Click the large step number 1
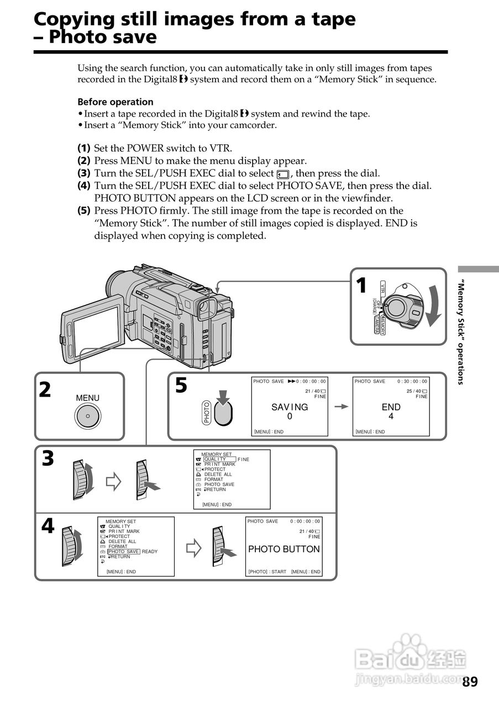click(x=361, y=286)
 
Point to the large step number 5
click(x=181, y=386)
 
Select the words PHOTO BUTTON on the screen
click(x=283, y=549)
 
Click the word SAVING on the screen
click(x=290, y=407)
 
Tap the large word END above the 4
click(x=391, y=407)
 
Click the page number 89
click(x=470, y=682)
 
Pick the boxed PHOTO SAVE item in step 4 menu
click(x=124, y=552)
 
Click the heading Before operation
click(x=115, y=102)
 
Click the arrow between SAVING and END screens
click(x=342, y=407)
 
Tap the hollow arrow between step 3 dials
click(x=113, y=482)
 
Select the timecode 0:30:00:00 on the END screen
click(x=412, y=381)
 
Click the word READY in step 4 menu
click(x=150, y=552)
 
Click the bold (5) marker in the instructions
click(x=83, y=210)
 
